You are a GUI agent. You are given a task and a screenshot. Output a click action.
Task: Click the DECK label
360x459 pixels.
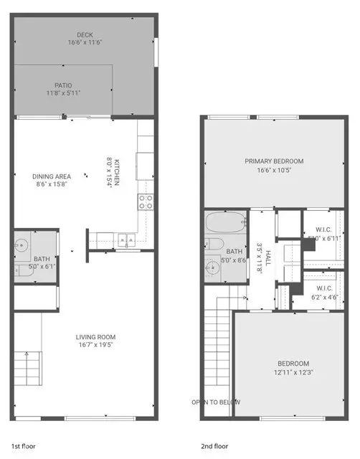(85, 34)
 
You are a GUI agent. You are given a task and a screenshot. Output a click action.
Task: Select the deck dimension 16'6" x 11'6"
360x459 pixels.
(85, 43)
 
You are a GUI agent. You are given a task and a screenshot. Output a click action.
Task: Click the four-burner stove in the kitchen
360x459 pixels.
(146, 202)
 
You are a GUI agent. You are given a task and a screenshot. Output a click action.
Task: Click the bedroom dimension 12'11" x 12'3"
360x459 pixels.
(293, 372)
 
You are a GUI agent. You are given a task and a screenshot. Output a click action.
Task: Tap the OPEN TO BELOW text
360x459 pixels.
(215, 402)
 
